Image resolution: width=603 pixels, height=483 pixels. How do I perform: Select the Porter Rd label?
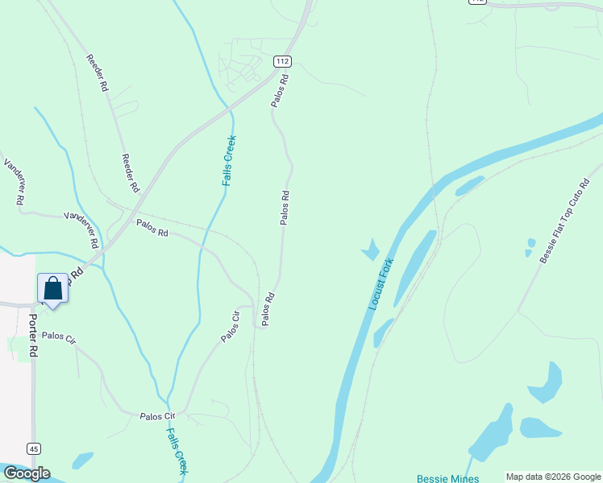click(x=33, y=335)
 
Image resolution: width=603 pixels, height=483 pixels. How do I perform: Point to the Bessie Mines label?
click(x=447, y=478)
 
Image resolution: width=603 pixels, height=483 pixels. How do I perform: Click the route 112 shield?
click(x=281, y=61)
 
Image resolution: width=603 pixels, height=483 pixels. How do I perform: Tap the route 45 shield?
click(x=33, y=448)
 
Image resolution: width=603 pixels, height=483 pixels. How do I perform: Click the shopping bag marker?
click(x=52, y=288)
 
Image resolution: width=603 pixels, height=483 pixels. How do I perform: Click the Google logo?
click(x=26, y=473)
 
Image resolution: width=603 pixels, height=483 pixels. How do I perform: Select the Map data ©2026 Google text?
click(x=552, y=477)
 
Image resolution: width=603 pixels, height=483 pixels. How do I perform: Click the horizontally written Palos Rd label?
click(x=152, y=228)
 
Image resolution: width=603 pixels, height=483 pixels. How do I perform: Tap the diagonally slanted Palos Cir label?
click(x=230, y=326)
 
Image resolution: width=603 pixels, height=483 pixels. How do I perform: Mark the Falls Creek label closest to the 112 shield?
click(x=229, y=161)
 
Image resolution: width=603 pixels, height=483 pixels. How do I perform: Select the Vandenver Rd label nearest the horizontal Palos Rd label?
click(x=81, y=229)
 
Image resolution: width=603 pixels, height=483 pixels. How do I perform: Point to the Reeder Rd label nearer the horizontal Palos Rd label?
click(x=130, y=172)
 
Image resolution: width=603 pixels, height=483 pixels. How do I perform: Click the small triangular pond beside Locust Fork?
click(x=371, y=250)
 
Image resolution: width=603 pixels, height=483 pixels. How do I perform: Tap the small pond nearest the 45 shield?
click(x=82, y=460)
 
